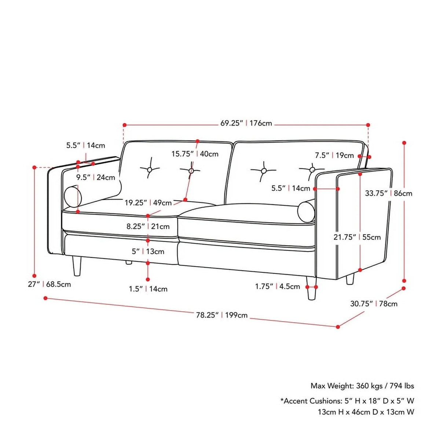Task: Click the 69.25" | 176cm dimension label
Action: pos(246,123)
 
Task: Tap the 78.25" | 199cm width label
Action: pos(222,315)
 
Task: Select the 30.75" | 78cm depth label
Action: pos(374,304)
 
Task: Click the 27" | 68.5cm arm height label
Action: pos(49,284)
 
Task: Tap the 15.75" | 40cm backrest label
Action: pos(195,154)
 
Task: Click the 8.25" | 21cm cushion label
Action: pos(148,226)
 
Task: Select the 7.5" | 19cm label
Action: pos(334,155)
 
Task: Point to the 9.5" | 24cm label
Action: pos(95,177)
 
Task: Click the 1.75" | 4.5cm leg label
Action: pos(278,286)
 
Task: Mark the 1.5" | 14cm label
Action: pos(148,289)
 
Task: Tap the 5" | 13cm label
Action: pos(148,252)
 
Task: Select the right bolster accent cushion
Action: pos(307,211)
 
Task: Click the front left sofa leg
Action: pos(77,266)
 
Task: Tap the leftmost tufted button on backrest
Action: pos(150,169)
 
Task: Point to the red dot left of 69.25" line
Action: pos(124,125)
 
